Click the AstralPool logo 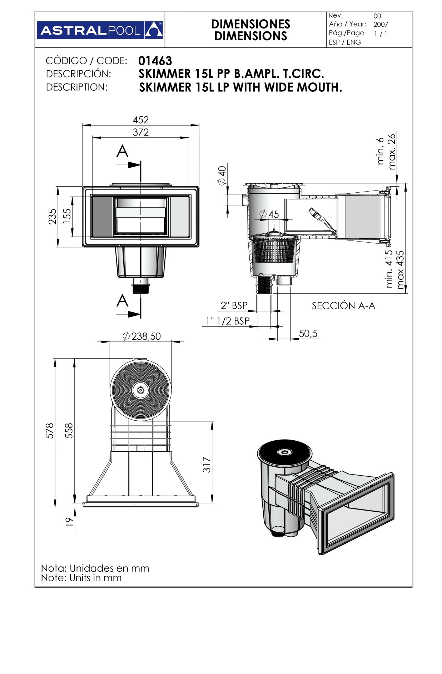(100, 30)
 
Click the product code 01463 (155, 61)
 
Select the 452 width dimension (140, 120)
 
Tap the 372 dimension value (140, 132)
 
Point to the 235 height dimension (53, 216)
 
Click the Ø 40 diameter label (222, 176)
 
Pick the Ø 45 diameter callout (269, 214)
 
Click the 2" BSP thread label (234, 305)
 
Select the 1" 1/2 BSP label (228, 321)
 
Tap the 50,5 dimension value (308, 334)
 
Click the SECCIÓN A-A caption (343, 306)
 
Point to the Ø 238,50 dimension (141, 336)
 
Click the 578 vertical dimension (50, 430)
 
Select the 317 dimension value (207, 464)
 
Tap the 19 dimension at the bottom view (69, 522)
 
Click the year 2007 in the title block (381, 25)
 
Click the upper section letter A (122, 152)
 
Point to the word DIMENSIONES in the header (250, 24)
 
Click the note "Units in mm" (81, 578)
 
